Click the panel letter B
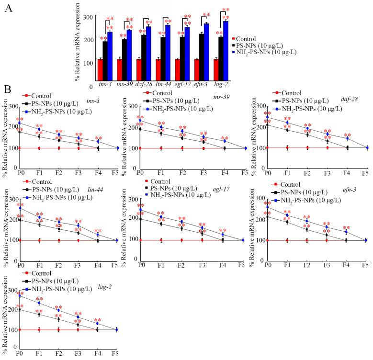point(7,89)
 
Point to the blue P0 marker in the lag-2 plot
point(19,295)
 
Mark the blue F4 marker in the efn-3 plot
point(346,232)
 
